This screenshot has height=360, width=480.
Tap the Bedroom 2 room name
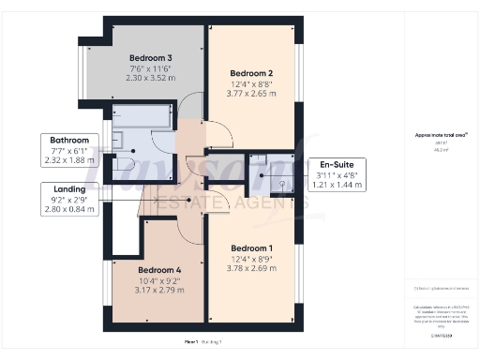[x=251, y=73]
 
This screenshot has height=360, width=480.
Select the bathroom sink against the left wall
[x=119, y=141]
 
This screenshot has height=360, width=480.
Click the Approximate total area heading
[x=441, y=135]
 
